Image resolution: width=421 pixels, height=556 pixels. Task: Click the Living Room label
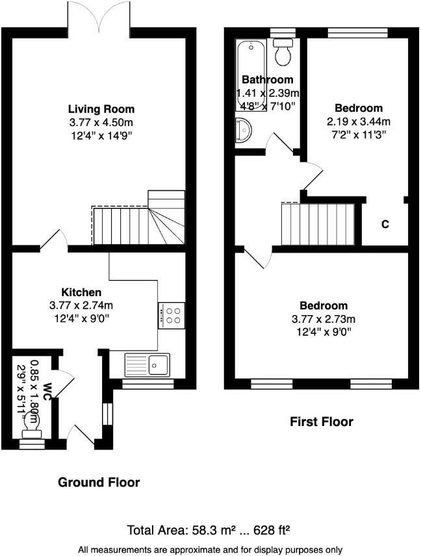pos(101,108)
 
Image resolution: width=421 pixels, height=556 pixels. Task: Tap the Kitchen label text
pos(81,292)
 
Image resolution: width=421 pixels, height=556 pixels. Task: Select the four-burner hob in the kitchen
pos(172,315)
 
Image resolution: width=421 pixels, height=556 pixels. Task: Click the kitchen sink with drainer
pos(148,364)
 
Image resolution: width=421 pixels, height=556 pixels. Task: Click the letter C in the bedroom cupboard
pos(385,224)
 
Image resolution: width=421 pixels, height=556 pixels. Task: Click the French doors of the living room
pos(99,16)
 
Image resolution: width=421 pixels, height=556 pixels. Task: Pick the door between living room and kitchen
pos(53,240)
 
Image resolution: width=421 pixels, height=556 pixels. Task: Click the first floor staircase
pos(317,223)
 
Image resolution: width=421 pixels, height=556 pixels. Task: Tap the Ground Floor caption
pos(99,482)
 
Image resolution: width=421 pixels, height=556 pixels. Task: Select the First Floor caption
pos(321,422)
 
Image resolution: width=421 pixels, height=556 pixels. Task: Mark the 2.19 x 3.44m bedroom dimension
pos(359,121)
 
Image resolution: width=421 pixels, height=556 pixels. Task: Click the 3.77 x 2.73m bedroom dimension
pos(323,319)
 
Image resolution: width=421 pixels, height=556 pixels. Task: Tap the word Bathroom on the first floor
pos(267,80)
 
